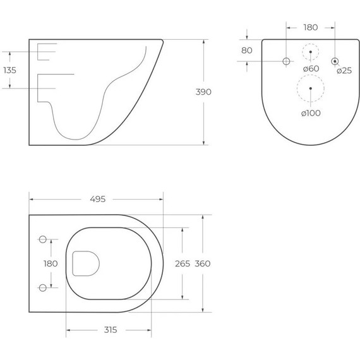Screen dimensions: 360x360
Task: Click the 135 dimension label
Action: coord(10,70)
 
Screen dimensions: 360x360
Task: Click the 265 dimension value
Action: coord(183,263)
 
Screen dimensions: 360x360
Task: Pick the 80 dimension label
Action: coord(247,50)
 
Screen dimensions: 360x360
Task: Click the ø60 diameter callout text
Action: coord(311,68)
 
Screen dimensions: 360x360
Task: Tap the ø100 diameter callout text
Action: coord(311,112)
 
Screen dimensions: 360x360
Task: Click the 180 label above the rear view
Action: coord(311,28)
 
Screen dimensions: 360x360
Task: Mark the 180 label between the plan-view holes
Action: coord(51,263)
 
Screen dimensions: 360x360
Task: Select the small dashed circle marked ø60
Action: coord(311,52)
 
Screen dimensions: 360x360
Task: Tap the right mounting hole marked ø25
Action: coord(335,61)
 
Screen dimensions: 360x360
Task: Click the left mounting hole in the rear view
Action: coord(285,61)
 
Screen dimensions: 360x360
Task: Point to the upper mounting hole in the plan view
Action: coord(43,239)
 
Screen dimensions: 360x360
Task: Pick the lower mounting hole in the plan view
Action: coord(43,287)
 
